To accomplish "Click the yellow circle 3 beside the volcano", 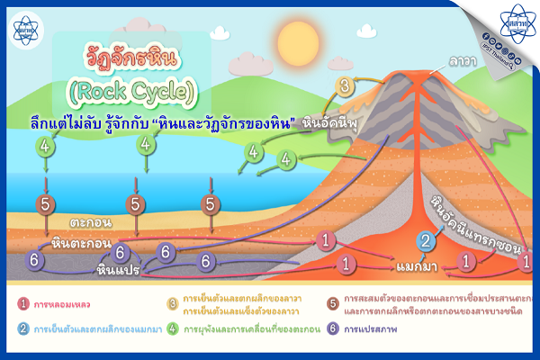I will tap(344, 86).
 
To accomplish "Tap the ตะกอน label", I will tap(91, 220).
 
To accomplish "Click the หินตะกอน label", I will tap(81, 243).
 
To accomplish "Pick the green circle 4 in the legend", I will tap(172, 328).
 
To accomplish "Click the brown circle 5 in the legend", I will tap(332, 302).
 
